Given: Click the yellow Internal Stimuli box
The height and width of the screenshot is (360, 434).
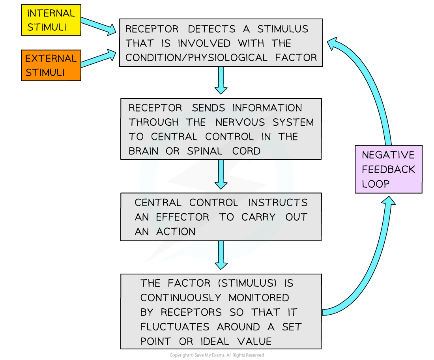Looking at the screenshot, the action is tap(51, 20).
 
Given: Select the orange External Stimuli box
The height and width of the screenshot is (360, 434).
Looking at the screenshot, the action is tap(51, 65).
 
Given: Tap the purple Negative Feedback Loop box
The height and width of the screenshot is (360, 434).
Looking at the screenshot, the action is tap(388, 169).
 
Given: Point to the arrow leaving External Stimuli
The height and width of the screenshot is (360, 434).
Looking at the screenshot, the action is tap(99, 58).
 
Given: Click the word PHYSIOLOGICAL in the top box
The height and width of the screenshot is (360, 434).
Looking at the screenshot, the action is tap(228, 58).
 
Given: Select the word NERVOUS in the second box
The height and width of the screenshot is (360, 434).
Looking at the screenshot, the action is tap(240, 122).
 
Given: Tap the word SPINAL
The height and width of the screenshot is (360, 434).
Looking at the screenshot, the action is tap(204, 151).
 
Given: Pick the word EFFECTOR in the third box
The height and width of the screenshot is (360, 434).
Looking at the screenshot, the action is tap(182, 217).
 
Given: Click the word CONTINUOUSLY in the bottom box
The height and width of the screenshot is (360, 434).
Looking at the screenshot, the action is tap(180, 298).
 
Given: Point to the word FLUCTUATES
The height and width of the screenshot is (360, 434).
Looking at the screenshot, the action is tap(175, 327).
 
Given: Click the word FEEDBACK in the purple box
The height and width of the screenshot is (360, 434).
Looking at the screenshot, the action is tap(388, 169).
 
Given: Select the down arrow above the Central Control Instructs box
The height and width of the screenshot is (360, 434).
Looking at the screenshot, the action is tap(221, 174).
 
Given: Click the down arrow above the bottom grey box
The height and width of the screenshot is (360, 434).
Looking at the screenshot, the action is tap(221, 255).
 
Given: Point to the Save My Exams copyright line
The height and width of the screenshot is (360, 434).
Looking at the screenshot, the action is tap(217, 355).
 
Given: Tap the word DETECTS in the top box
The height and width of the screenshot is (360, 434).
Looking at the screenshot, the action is tap(212, 29).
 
